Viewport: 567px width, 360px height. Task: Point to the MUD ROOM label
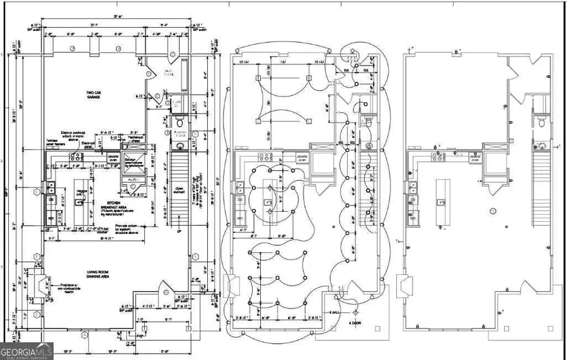(169, 72)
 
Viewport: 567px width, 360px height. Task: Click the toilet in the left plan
(180, 120)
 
